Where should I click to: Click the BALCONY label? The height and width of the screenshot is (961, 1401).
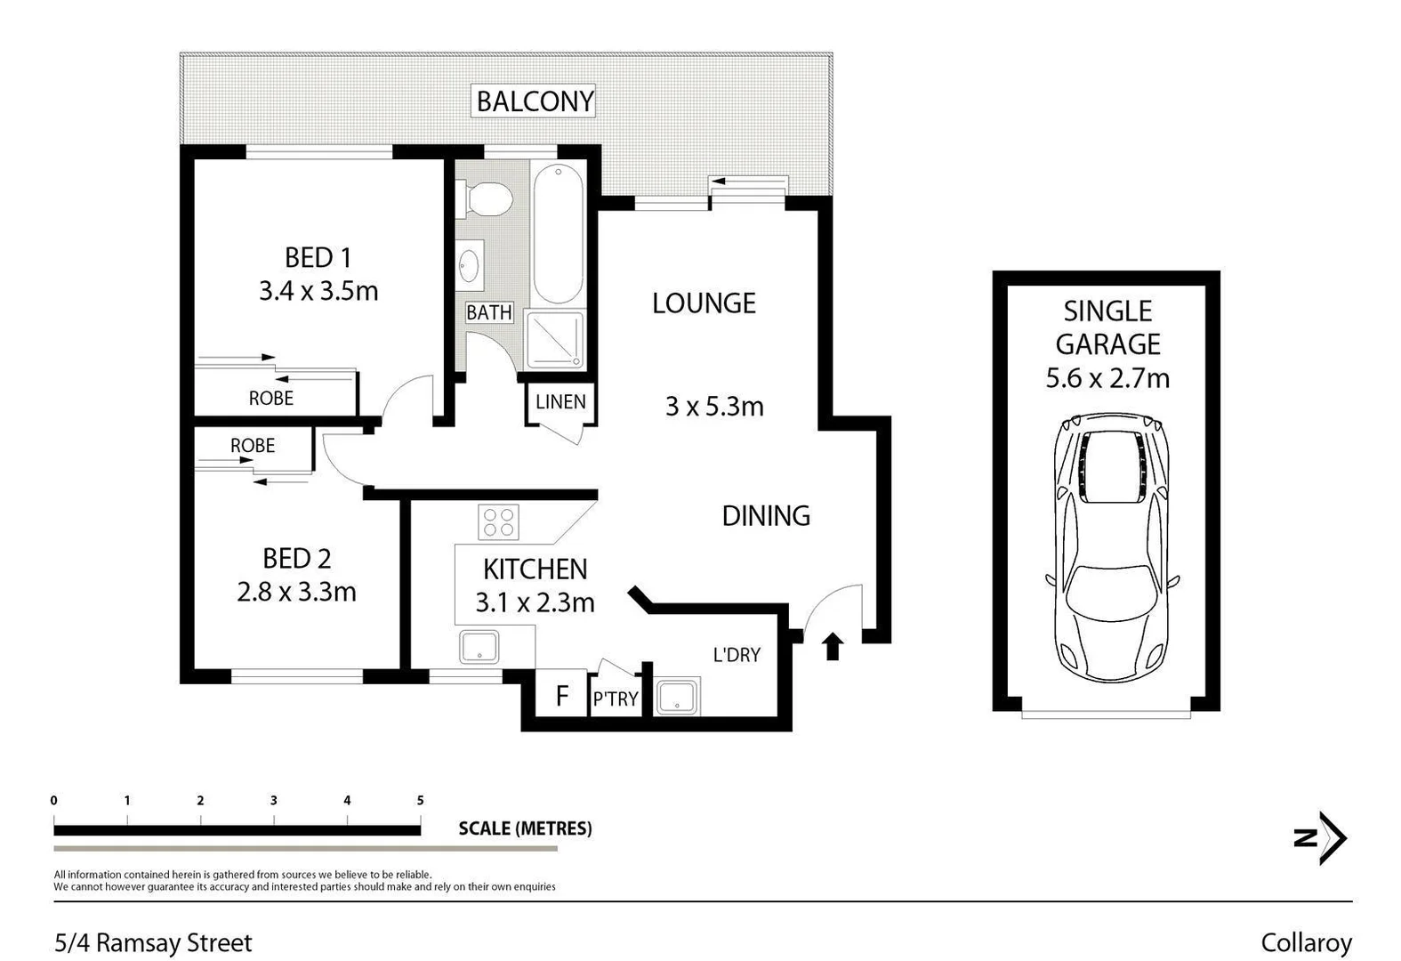coord(535,101)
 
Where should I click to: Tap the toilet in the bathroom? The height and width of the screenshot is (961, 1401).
coord(485,198)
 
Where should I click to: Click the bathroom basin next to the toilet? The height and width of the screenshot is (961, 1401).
coord(470,265)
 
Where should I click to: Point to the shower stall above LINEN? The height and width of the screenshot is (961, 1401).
coord(555,339)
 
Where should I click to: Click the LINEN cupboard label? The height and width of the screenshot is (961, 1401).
coord(560,402)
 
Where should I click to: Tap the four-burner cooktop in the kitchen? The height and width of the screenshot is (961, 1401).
coord(498,522)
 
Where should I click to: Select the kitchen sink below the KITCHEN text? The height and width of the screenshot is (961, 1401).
coord(479,647)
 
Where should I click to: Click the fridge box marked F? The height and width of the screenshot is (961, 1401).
coord(561,695)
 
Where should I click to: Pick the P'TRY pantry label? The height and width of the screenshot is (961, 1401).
coord(616,699)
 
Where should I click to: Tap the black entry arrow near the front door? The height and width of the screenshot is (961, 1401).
coord(833,646)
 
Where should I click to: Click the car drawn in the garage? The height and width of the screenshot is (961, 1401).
coord(1111,546)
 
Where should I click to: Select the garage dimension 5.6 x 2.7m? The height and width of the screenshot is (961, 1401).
coord(1107,378)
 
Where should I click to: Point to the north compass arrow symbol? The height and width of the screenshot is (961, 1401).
coord(1321,837)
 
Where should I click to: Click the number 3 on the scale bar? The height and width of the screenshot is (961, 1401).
coord(274,801)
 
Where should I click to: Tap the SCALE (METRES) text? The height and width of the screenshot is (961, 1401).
coord(525,828)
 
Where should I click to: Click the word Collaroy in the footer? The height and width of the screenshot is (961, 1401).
coord(1306,942)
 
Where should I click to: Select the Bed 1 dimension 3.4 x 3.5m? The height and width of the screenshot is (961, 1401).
coord(318,291)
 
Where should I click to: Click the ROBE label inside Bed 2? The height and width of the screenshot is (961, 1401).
coord(253,445)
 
